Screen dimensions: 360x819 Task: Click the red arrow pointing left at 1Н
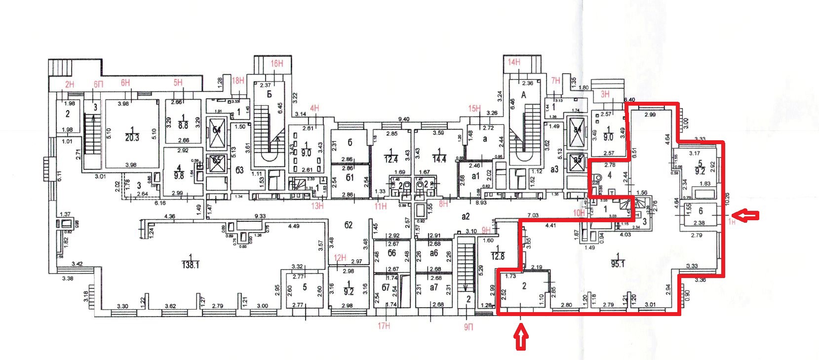coord(745,215)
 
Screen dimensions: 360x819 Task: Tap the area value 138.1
coord(191,265)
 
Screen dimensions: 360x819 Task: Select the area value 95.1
coord(618,264)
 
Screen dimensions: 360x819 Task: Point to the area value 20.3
coord(132,138)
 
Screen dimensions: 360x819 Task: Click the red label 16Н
coord(277,63)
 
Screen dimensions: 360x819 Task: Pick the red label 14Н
coord(514,62)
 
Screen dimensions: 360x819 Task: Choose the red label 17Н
coord(384,325)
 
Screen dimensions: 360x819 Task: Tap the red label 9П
coord(468,326)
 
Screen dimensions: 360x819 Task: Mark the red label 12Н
coord(340,257)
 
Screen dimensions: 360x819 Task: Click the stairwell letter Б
coord(269,94)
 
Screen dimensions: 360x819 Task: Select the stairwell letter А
coord(524,95)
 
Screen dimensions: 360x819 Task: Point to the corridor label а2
coord(465,216)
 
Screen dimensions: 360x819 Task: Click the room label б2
coord(349,225)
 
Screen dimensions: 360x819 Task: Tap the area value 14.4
coord(439,159)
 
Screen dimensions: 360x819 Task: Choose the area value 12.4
coord(390,159)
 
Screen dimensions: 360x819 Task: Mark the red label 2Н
coord(70,84)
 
